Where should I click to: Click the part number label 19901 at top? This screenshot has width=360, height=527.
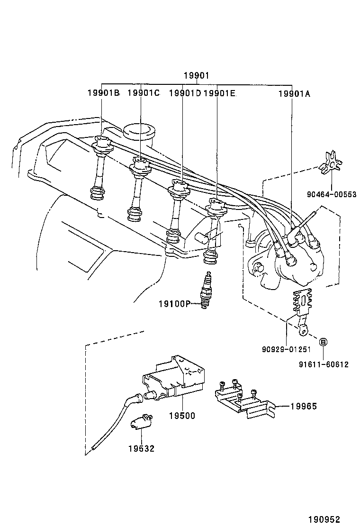coord(197,75)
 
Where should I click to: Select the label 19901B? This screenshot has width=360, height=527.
coord(103,93)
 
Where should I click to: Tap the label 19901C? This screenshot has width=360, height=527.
coord(144,93)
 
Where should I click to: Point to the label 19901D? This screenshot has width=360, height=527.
coord(185,93)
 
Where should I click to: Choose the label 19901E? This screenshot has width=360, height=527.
coord(219,93)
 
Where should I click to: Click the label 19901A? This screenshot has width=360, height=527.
coord(294,93)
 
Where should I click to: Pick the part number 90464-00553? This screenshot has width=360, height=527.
coord(331,194)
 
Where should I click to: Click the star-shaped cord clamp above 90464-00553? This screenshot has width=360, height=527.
coord(330,164)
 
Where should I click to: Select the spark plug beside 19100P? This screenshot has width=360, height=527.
coord(206,291)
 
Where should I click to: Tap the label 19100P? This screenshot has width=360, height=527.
coord(174,303)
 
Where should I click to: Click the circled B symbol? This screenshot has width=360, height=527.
coord(323,342)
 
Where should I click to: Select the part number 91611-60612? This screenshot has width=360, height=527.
coord(324,364)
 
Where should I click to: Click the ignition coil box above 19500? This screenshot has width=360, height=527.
coord(175,374)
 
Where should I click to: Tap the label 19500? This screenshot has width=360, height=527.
coord(182,416)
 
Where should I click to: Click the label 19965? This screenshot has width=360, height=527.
coord(303,406)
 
